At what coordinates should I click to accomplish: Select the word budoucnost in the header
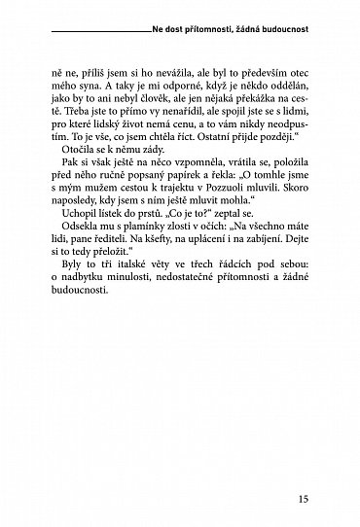[x=286, y=30]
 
